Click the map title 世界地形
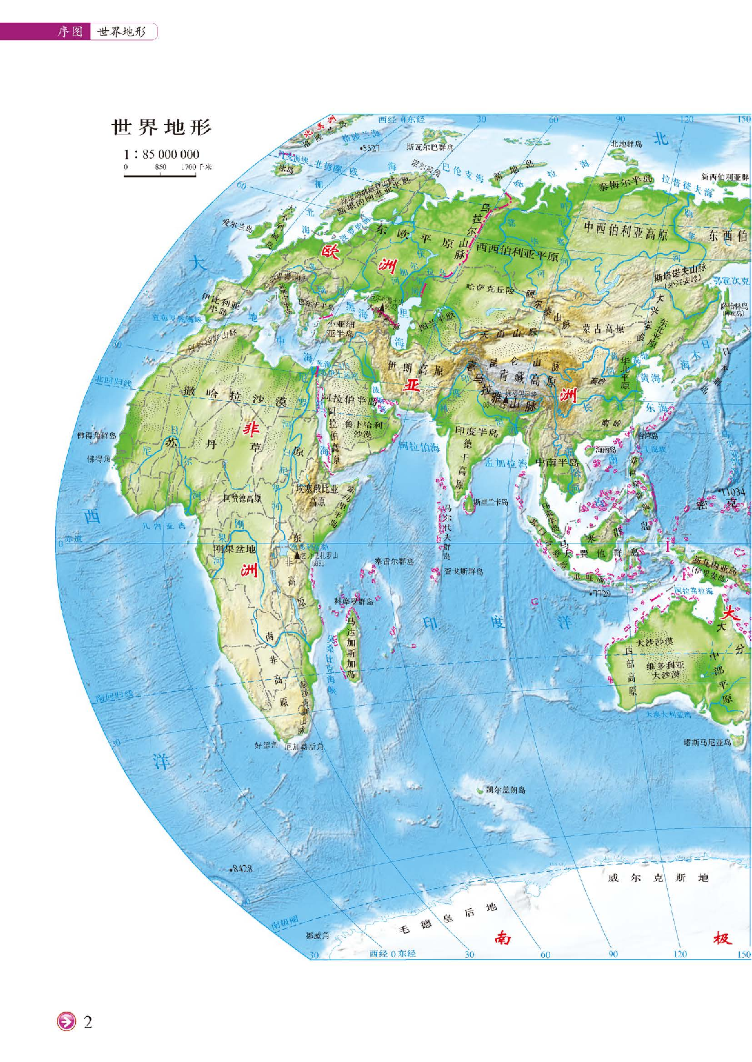[x=161, y=128]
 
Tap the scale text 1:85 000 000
[x=161, y=154]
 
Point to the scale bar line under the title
[x=160, y=176]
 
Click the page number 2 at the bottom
[x=88, y=1023]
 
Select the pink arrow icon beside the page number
[x=65, y=1022]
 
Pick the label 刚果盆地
[x=235, y=549]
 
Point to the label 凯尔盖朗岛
[x=505, y=790]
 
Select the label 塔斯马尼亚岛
[x=707, y=742]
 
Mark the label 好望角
[x=265, y=745]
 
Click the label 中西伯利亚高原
[x=625, y=230]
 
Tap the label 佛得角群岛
[x=96, y=436]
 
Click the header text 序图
[x=70, y=32]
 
